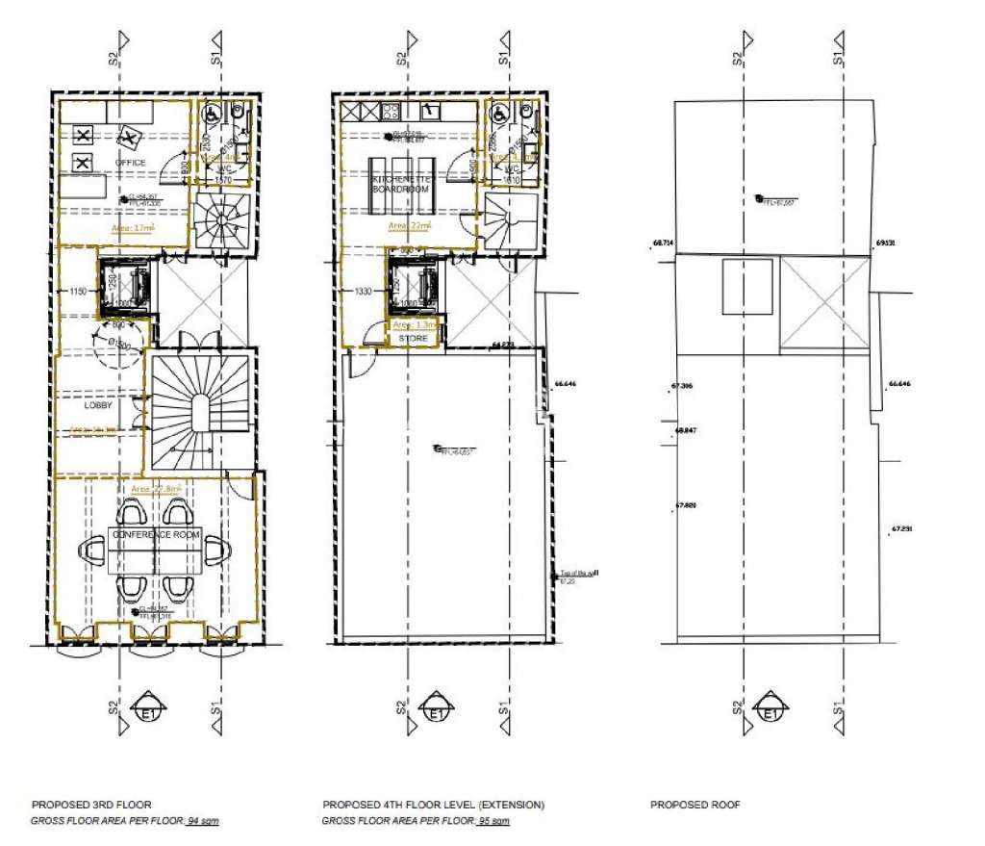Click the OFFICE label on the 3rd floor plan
tap(131, 163)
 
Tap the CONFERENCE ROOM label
tap(156, 534)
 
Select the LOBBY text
tap(98, 405)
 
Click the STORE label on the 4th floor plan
tap(414, 339)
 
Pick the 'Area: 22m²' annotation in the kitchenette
tap(411, 225)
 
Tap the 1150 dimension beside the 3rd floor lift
tap(79, 291)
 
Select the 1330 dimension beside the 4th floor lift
tap(364, 291)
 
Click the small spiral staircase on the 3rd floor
tap(221, 220)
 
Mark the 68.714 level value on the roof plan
tap(663, 244)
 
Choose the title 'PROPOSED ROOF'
tap(695, 805)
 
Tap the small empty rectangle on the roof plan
tap(745, 286)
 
